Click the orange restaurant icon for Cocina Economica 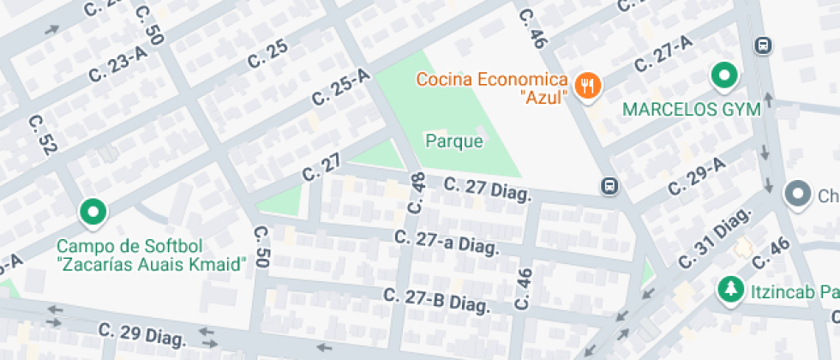tap(587, 85)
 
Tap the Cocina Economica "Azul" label tap(492, 87)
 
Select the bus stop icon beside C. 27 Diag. tap(609, 187)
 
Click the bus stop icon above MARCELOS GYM tap(762, 45)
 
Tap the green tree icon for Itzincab tap(730, 289)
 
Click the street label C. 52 tap(42, 135)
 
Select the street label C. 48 tap(417, 192)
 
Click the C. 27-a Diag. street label tap(447, 241)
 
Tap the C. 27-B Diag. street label tap(436, 301)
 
